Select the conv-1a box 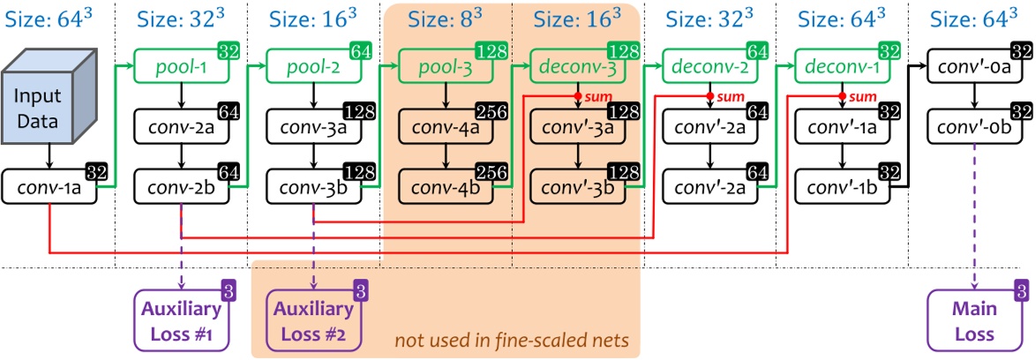pyautogui.click(x=49, y=188)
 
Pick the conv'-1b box pyautogui.click(x=843, y=188)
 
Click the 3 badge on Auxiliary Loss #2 pyautogui.click(x=360, y=288)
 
